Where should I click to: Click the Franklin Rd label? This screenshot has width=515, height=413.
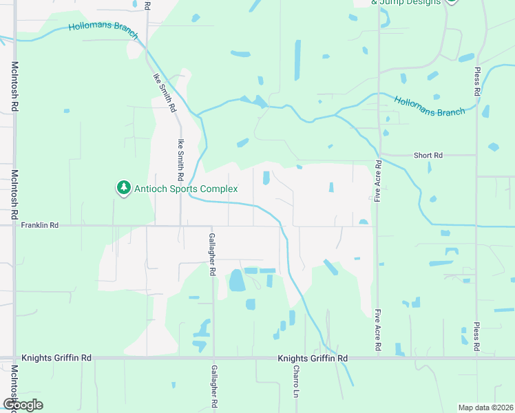click(40, 225)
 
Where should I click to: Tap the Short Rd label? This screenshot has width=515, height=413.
click(428, 156)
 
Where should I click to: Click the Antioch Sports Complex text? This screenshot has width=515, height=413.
click(186, 189)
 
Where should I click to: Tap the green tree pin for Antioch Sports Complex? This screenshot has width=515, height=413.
click(123, 187)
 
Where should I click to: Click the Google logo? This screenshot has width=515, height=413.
click(22, 405)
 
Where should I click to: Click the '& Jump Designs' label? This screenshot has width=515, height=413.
click(406, 3)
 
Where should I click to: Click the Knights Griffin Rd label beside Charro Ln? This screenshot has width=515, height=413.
click(313, 359)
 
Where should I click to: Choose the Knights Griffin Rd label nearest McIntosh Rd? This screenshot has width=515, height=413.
click(56, 358)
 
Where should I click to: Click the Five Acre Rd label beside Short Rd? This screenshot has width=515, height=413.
click(378, 180)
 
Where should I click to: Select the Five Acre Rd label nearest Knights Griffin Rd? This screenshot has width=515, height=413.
click(378, 330)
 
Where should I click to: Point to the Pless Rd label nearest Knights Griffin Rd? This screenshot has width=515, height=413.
click(476, 337)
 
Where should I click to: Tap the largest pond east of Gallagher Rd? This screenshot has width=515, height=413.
click(236, 279)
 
